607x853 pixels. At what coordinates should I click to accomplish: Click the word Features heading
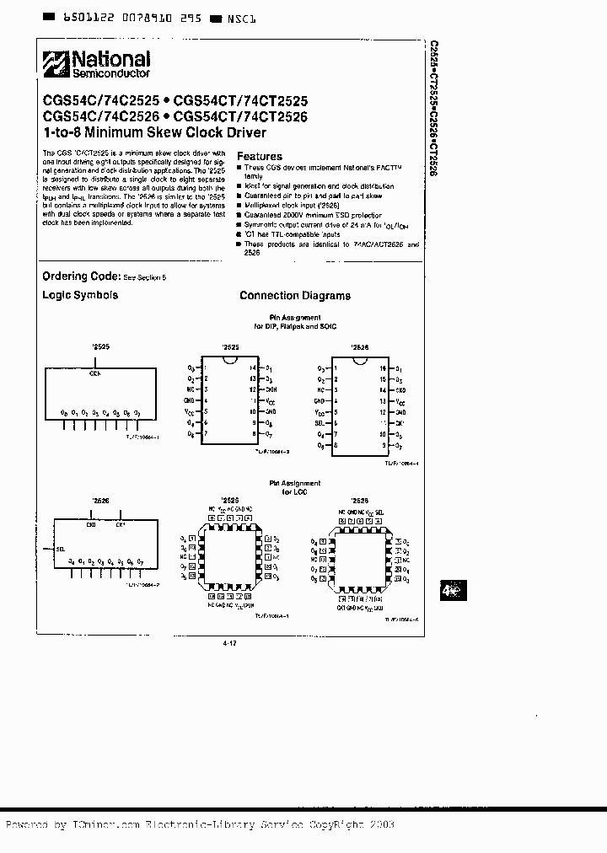tap(260, 156)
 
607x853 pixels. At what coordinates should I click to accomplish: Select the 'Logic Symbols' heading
tap(80, 295)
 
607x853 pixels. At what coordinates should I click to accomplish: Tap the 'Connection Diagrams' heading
tap(295, 296)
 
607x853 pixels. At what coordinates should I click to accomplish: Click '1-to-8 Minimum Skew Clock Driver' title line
tap(154, 132)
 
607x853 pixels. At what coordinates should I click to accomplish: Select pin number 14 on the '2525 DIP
tap(251, 368)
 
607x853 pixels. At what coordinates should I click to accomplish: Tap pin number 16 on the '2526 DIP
tap(383, 368)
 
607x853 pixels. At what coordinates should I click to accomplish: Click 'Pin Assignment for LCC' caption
tap(294, 487)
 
